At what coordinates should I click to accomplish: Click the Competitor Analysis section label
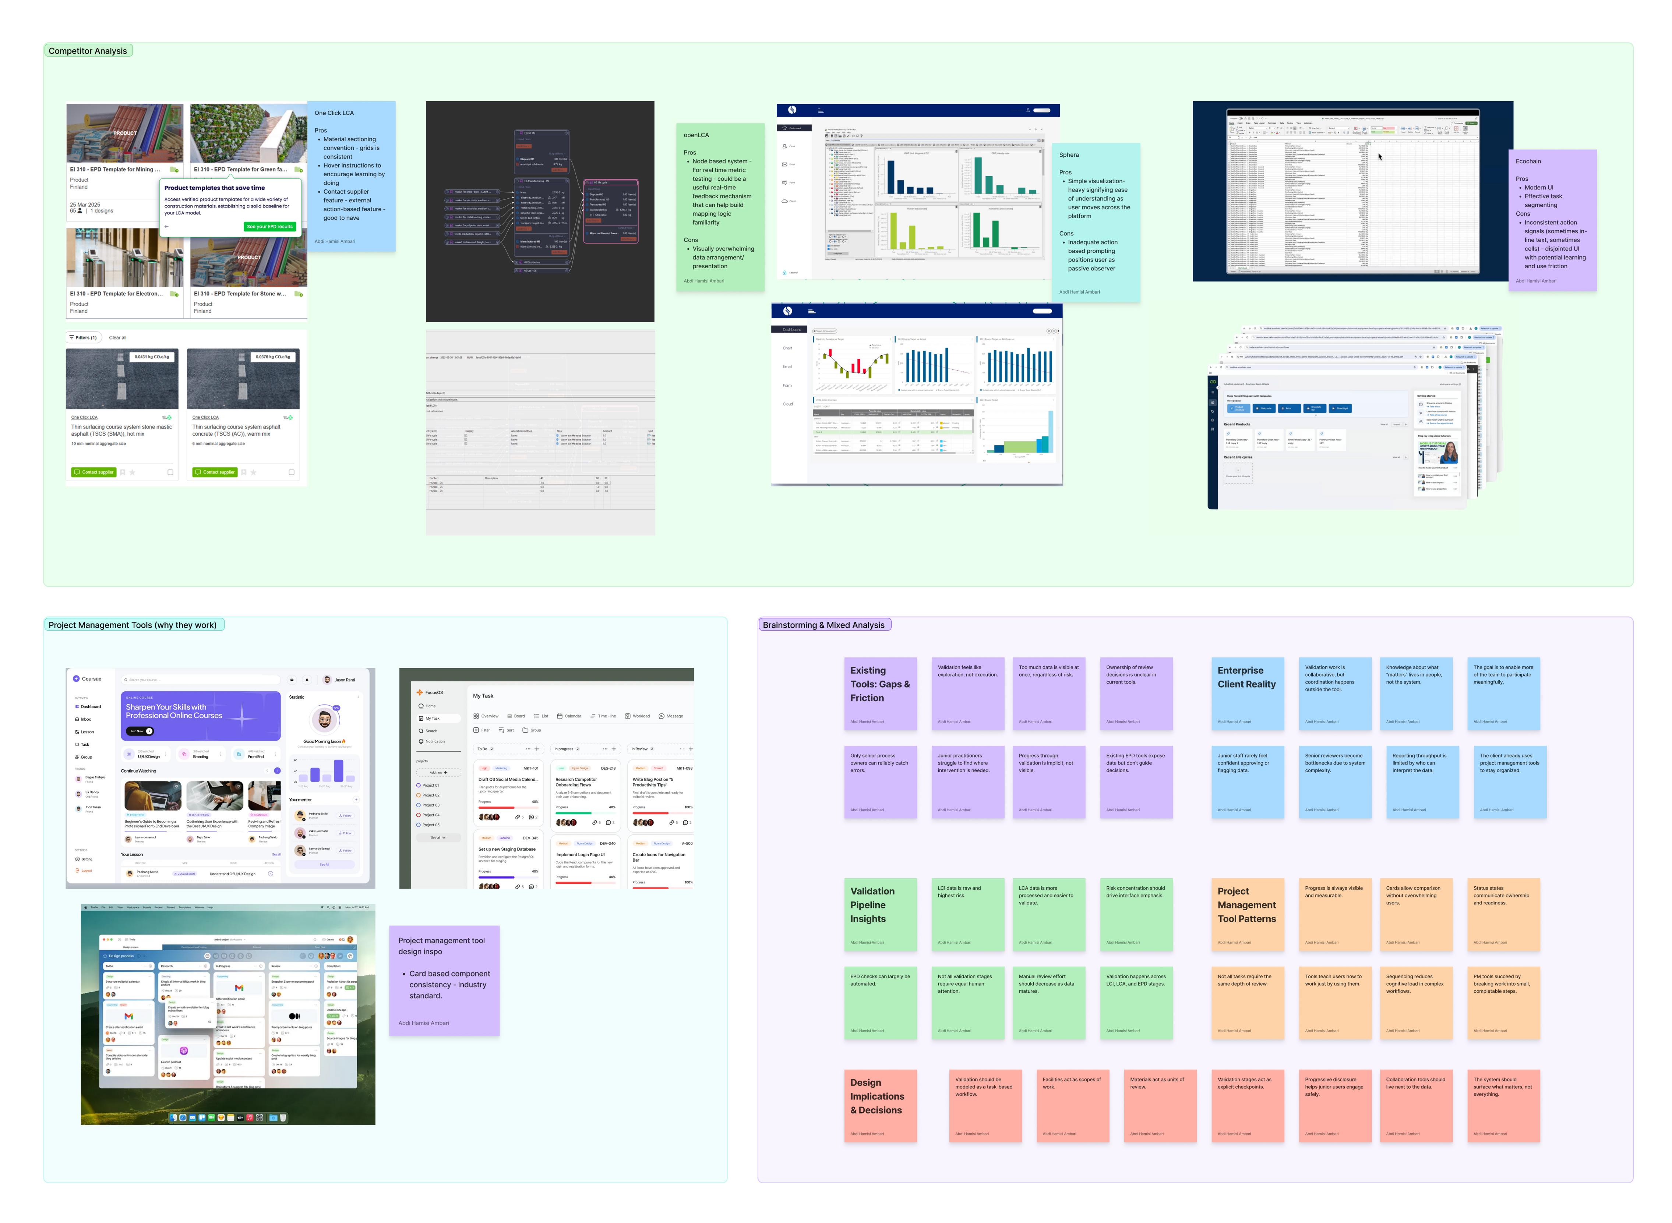point(87,51)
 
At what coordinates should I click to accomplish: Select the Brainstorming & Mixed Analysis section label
point(823,625)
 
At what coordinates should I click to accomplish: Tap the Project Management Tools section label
point(133,625)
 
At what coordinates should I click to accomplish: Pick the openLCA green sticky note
point(720,207)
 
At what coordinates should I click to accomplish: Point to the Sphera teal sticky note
point(1095,222)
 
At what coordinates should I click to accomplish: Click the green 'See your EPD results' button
point(269,227)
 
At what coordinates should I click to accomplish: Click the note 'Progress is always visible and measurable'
point(1334,914)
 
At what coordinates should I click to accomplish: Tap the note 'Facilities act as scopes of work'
point(1072,1105)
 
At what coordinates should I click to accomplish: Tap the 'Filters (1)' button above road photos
point(83,338)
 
